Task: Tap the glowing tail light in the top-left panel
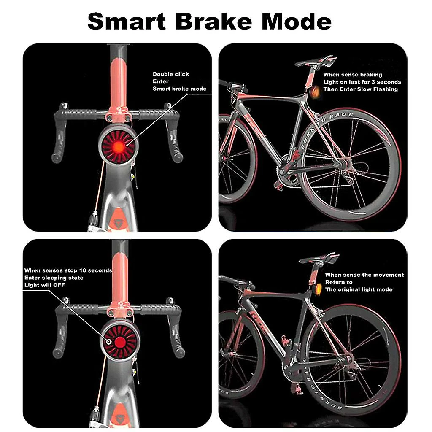click(119, 146)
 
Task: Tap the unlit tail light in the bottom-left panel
click(119, 341)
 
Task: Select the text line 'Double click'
click(171, 74)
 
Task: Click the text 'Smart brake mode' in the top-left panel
click(180, 89)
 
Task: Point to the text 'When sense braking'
click(353, 75)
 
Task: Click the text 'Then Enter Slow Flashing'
click(360, 89)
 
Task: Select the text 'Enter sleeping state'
click(54, 278)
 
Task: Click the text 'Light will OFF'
click(45, 285)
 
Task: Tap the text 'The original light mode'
click(359, 289)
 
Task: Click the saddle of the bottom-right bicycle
click(319, 258)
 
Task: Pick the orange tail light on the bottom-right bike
click(319, 289)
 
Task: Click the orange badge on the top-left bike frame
click(119, 223)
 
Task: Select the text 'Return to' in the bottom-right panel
click(338, 282)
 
